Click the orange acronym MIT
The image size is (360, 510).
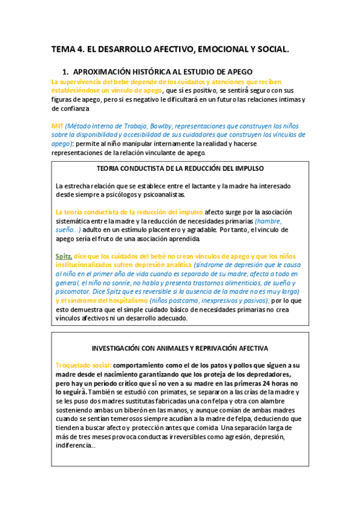[x=57, y=126]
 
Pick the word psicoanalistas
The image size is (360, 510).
[x=162, y=194]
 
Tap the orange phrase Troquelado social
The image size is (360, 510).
[x=84, y=365]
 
